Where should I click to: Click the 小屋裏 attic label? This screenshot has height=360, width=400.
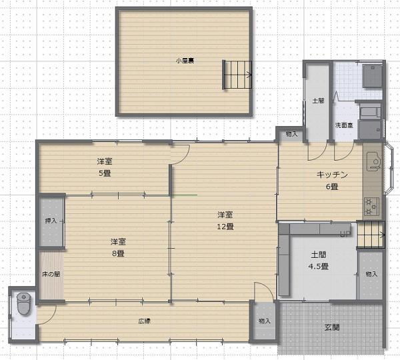point(185,61)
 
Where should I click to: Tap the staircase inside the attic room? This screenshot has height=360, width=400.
point(237,75)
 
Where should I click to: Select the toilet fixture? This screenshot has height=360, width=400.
point(24,303)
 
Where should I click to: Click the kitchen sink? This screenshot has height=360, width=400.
point(373,161)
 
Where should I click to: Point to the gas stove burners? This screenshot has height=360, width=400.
point(371,206)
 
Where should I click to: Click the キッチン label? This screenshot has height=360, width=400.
point(332,175)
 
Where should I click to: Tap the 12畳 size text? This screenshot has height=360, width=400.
point(225,227)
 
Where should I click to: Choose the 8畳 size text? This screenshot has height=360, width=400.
point(118,253)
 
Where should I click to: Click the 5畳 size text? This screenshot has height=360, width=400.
point(105,173)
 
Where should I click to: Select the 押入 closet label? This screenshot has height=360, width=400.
point(51,221)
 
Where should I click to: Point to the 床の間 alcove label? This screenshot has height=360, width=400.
point(51,274)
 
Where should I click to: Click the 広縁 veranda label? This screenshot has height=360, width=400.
point(145,321)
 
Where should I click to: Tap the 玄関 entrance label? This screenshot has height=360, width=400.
point(332,327)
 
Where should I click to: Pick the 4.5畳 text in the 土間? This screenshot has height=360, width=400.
point(319,267)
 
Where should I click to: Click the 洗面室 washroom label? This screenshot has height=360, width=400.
point(344,125)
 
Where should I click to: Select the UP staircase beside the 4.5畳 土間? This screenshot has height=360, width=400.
point(371,235)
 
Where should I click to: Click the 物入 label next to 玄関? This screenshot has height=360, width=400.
point(264,321)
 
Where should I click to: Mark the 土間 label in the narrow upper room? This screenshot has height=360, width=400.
point(318,101)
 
